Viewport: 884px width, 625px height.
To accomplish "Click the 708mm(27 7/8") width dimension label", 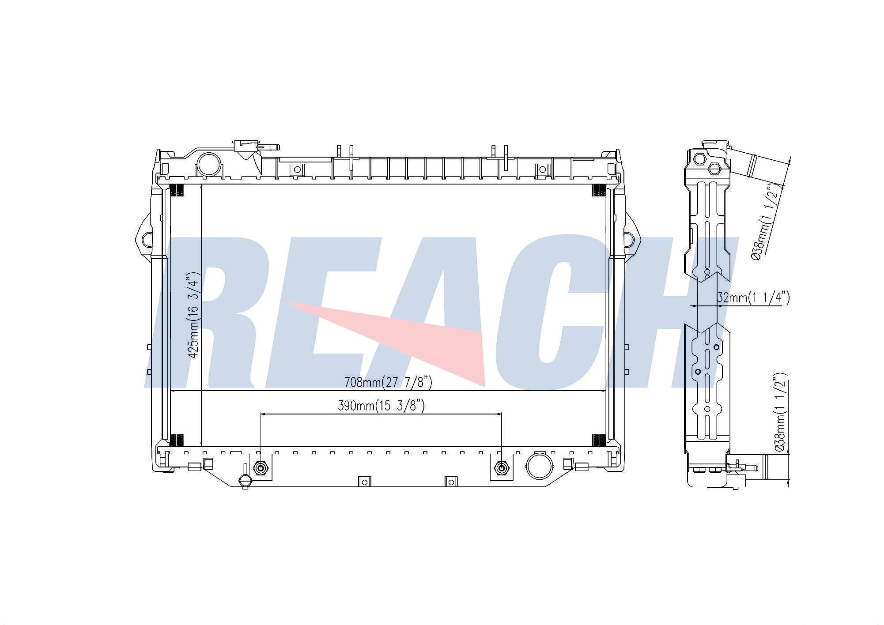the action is click(x=388, y=382).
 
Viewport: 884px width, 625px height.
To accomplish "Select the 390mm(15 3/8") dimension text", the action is click(x=381, y=406).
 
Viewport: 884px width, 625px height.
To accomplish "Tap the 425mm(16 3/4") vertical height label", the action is click(x=193, y=315).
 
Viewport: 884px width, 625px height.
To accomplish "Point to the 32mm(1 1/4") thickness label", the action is click(x=753, y=298).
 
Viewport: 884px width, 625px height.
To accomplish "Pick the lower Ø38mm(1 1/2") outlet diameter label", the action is click(x=780, y=412).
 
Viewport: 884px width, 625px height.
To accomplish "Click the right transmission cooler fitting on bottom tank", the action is click(x=501, y=468).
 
